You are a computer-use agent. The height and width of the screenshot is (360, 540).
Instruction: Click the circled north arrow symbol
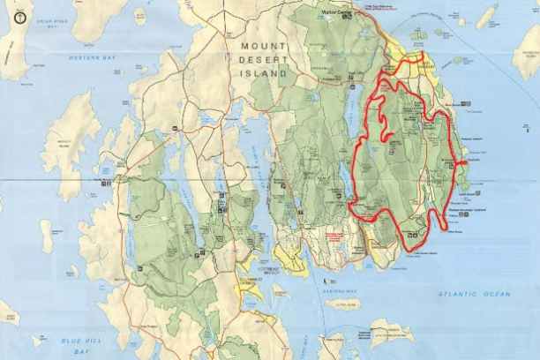pos(8,14)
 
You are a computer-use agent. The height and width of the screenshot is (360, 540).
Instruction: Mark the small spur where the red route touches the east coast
pos(461,163)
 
